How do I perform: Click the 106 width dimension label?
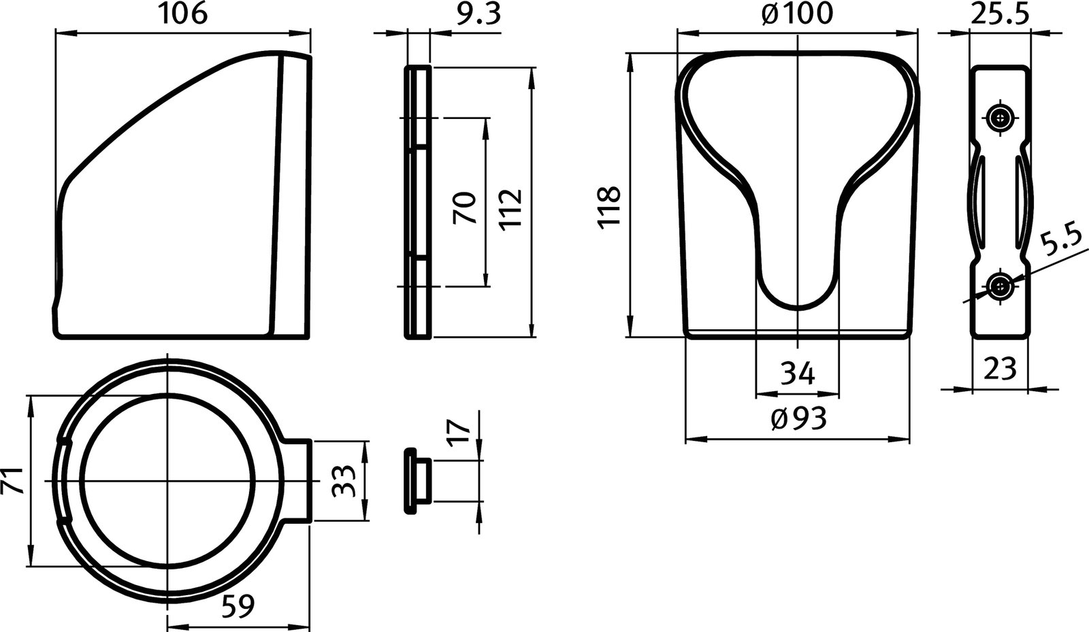point(182,14)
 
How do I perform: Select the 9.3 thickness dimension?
point(478,14)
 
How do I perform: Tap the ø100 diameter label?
point(796,14)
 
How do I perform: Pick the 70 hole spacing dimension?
point(466,208)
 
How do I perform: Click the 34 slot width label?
point(797,373)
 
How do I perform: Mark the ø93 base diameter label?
point(798,419)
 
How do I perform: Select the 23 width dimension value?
point(999,369)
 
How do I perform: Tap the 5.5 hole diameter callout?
point(1062,242)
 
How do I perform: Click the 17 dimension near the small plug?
point(461,431)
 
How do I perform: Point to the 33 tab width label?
point(344,482)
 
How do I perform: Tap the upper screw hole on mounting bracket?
point(999,118)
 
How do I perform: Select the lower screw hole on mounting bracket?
point(999,286)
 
